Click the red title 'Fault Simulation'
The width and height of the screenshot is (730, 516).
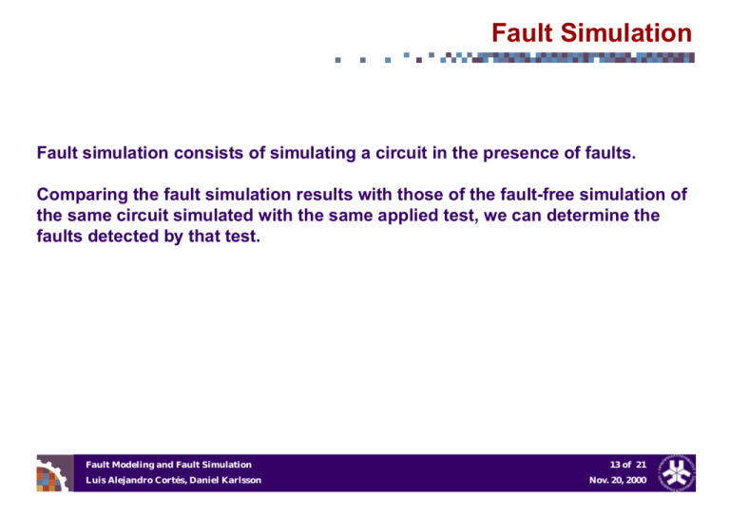(x=591, y=34)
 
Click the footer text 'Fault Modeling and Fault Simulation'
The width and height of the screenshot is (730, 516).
(x=168, y=464)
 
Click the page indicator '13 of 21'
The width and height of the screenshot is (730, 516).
(x=626, y=464)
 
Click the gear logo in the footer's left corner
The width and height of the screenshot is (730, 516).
(x=54, y=472)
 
